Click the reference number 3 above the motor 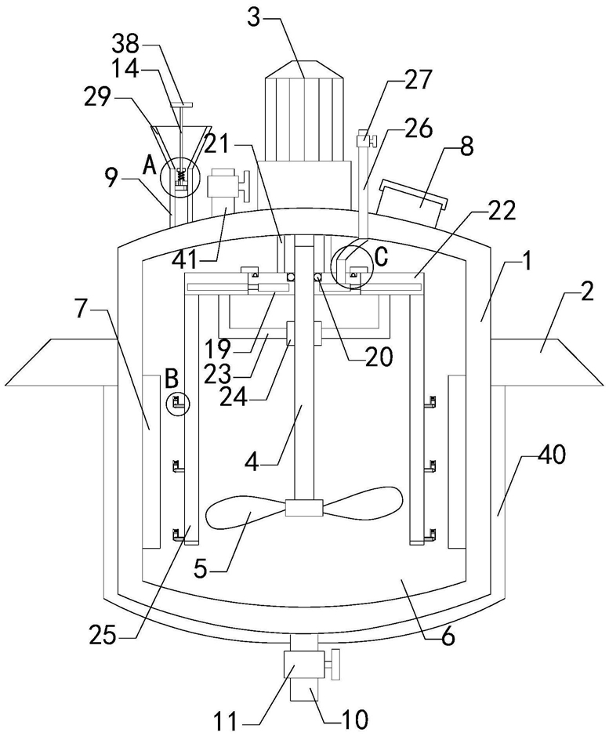(254, 18)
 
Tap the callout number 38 (125, 45)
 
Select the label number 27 (417, 80)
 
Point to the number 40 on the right (551, 455)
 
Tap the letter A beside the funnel (150, 165)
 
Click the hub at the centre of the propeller (304, 509)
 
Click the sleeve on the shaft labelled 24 (304, 334)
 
